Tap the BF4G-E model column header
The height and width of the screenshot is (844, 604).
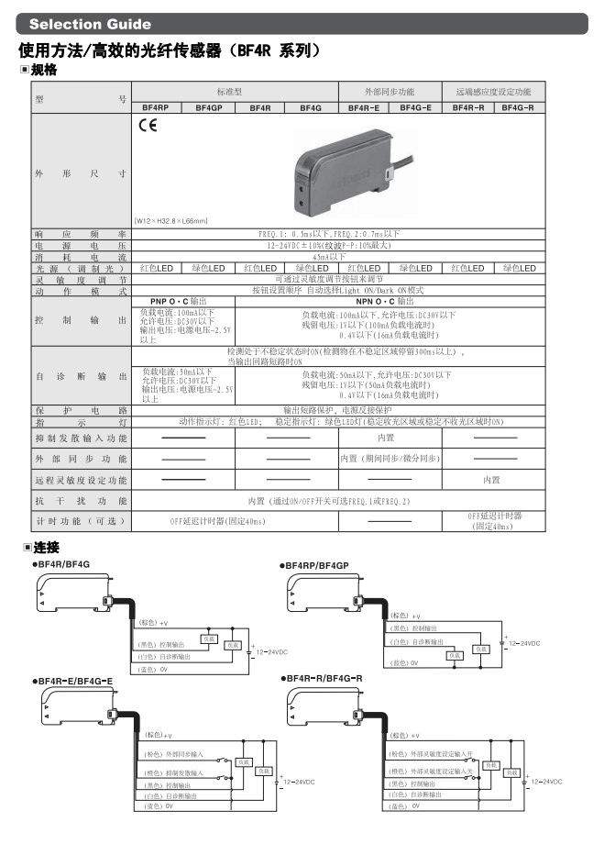[416, 107]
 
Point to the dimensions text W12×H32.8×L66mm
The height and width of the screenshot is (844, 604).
[171, 220]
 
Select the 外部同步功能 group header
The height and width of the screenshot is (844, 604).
[390, 93]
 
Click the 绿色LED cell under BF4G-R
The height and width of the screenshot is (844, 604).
[519, 268]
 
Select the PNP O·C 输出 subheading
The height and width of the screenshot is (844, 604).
[178, 300]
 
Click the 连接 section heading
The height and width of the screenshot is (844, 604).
[44, 548]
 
